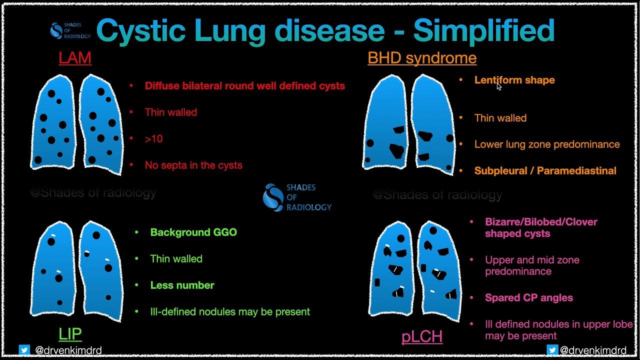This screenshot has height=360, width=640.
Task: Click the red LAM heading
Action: click(75, 58)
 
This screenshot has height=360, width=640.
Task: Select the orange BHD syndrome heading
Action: click(421, 58)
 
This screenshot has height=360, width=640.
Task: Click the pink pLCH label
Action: click(422, 336)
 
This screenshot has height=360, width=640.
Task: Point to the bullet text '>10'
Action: click(153, 139)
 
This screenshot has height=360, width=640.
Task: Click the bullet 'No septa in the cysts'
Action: click(193, 165)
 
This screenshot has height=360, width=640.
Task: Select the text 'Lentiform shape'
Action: click(514, 80)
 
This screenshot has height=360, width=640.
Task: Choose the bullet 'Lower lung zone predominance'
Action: click(547, 144)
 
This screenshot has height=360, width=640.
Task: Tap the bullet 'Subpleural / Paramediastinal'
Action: click(545, 171)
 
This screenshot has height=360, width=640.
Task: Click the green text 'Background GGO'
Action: click(193, 232)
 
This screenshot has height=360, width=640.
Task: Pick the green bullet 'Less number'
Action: click(182, 285)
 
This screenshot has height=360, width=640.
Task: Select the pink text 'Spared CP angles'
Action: click(529, 298)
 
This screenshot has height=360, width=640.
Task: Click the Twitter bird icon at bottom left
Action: click(24, 350)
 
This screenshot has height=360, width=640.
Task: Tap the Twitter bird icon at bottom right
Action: click(552, 350)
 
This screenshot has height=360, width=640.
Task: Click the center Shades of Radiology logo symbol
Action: click(273, 197)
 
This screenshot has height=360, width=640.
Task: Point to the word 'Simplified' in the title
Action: click(483, 31)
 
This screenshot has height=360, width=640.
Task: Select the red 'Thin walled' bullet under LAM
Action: click(171, 112)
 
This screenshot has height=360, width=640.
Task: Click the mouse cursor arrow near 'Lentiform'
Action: click(499, 86)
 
